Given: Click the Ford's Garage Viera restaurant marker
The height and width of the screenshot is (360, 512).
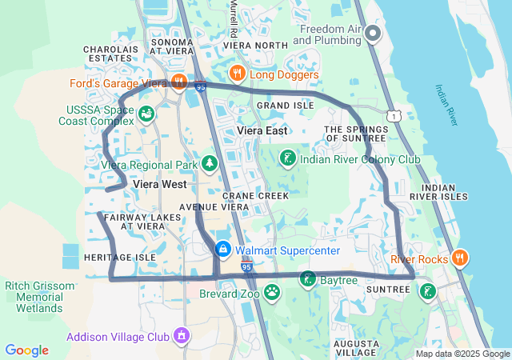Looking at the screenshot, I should [178, 81].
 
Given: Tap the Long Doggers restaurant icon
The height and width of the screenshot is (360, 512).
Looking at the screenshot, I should [237, 74].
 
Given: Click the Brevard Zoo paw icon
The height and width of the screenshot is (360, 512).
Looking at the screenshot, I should [273, 292].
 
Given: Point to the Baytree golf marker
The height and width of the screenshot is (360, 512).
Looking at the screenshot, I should [308, 280].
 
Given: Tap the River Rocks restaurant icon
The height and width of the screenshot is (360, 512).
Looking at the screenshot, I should [459, 258].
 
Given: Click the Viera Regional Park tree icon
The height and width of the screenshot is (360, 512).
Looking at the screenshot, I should [210, 165].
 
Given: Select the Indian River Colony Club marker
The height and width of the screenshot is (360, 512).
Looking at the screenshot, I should [287, 159].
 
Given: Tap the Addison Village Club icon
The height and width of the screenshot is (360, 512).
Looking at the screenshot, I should [182, 335].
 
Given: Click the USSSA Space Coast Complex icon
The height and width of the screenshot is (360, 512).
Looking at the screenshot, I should [146, 114].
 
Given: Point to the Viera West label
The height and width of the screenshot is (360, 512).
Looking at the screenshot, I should [159, 184].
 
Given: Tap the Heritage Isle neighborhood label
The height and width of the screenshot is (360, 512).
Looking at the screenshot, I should [119, 258].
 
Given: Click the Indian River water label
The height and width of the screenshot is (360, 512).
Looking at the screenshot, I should [446, 105].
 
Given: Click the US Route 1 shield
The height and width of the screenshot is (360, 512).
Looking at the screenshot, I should [394, 117].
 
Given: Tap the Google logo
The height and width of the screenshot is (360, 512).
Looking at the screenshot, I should [27, 350].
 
